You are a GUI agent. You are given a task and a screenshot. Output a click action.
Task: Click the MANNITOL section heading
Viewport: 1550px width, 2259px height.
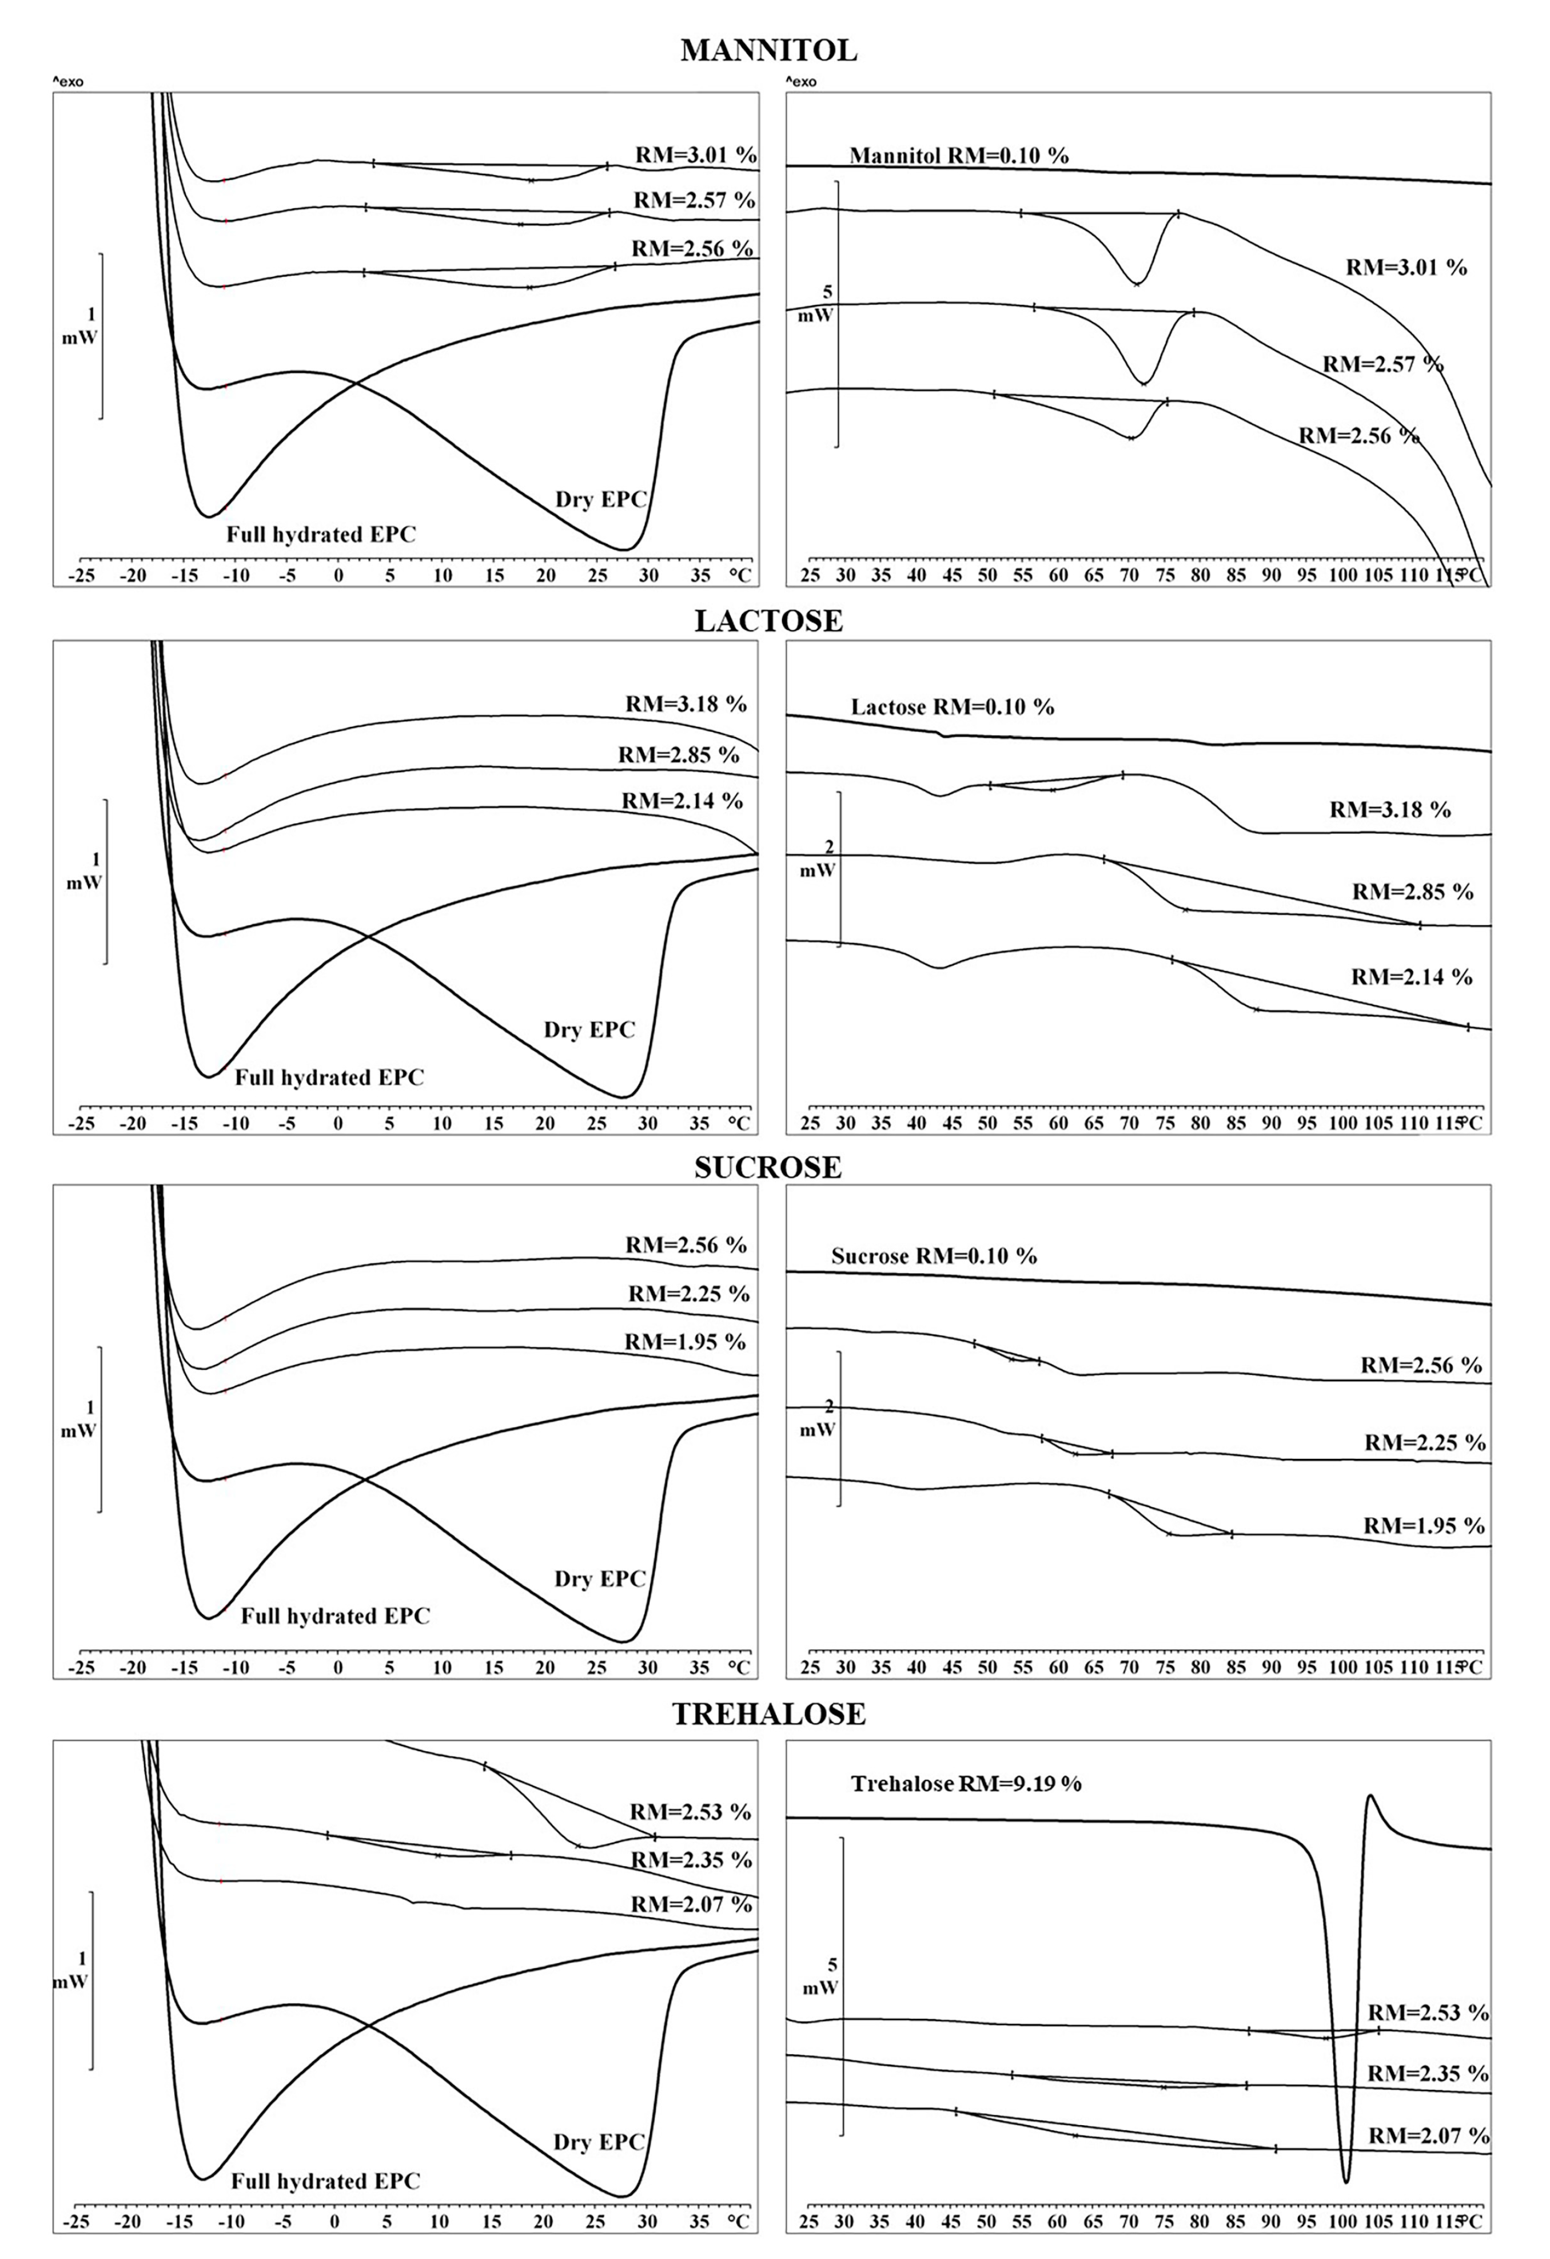coord(768,50)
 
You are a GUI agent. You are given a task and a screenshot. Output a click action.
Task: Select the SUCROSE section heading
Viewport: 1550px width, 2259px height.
coord(768,1167)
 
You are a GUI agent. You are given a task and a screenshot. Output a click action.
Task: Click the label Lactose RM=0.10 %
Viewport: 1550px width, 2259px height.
coord(953,707)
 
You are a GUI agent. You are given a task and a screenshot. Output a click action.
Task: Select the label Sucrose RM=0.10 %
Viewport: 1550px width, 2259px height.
coord(934,1256)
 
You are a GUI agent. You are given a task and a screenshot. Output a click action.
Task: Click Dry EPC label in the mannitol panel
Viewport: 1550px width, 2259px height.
coord(600,500)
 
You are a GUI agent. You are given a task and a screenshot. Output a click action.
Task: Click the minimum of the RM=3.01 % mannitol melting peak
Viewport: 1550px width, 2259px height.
coord(1137,283)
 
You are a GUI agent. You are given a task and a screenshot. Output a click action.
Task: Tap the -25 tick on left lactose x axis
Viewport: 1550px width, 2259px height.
coord(82,1124)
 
